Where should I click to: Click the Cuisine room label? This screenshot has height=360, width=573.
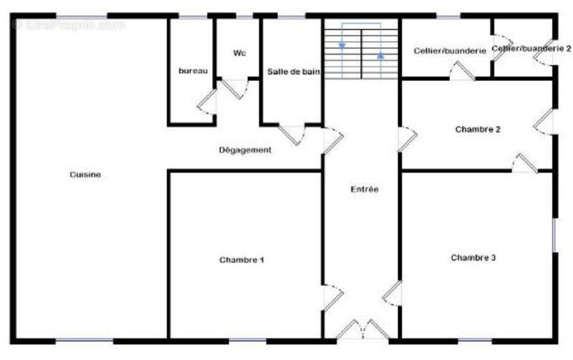(x=85, y=175)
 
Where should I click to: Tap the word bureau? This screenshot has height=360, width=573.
(x=193, y=71)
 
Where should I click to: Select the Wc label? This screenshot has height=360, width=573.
(x=239, y=53)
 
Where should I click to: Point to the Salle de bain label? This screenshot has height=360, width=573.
(x=294, y=72)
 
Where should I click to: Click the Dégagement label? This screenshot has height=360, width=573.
(x=245, y=150)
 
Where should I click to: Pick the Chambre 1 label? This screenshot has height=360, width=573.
(x=241, y=260)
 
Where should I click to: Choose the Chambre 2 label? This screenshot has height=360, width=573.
(x=478, y=130)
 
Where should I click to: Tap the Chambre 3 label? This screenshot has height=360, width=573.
(x=473, y=258)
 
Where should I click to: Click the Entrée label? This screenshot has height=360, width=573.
(x=365, y=189)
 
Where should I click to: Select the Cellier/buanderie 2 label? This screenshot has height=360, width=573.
(x=531, y=48)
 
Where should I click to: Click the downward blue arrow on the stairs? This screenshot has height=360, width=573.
(x=342, y=47)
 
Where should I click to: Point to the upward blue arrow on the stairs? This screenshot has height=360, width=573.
(x=380, y=56)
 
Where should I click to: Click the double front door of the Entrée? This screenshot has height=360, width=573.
(x=362, y=330)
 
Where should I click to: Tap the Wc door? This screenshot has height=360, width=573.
(x=234, y=88)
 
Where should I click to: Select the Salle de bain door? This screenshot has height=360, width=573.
(x=292, y=135)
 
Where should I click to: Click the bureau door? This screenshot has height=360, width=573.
(x=207, y=102)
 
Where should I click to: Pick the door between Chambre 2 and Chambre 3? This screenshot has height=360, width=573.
(x=524, y=163)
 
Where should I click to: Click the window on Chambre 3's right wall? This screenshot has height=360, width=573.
(x=554, y=235)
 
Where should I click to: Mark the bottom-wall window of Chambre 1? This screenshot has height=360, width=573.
(x=247, y=341)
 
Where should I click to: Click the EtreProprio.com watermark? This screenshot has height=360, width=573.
(x=68, y=25)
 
